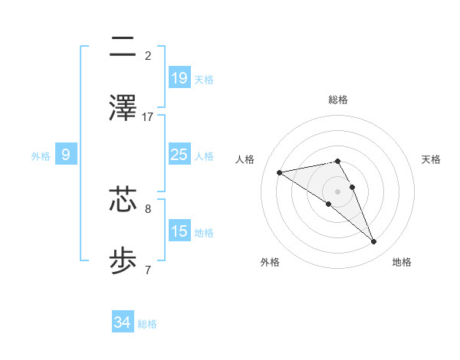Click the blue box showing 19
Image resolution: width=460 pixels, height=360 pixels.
[x=179, y=77]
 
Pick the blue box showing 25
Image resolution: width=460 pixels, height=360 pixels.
[x=179, y=155]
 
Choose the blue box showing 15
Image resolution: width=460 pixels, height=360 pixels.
[x=179, y=231]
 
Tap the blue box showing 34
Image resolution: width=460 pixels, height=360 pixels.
[x=123, y=322]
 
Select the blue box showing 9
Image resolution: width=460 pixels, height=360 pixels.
[x=66, y=155]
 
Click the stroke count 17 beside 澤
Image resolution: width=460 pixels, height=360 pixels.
[x=148, y=116]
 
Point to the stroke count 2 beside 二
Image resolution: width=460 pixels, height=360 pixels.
[x=148, y=55]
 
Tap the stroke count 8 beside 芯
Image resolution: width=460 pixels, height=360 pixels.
[x=148, y=208]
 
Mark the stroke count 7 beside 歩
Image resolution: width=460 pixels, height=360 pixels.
[x=148, y=270]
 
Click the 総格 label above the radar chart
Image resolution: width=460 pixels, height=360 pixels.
[x=337, y=100]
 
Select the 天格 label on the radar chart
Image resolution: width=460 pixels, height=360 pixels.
[x=432, y=159]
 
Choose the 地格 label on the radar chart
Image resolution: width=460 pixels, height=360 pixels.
[x=402, y=262]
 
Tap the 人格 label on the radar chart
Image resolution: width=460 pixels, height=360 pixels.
[x=245, y=159]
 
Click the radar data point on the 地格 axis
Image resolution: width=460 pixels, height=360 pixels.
[x=374, y=242]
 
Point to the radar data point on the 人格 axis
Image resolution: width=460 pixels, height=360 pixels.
[x=280, y=172]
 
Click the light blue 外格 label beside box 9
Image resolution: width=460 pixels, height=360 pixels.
[x=41, y=155]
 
